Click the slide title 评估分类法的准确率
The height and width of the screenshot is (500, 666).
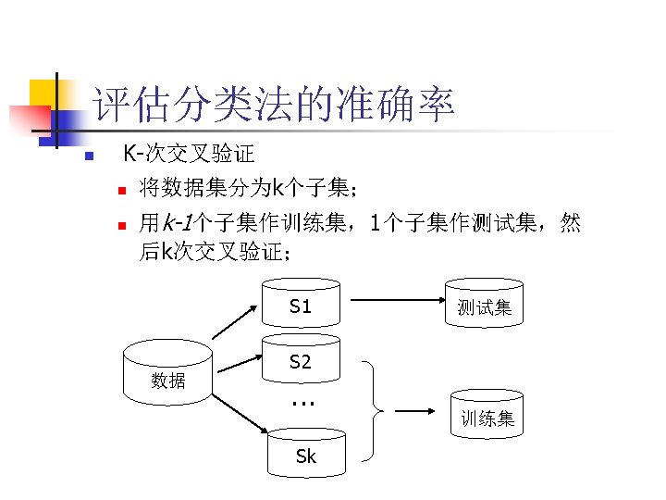[x=275, y=105]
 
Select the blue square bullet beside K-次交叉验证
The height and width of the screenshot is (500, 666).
[x=88, y=156]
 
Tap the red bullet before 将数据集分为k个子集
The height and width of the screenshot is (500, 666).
[x=119, y=191]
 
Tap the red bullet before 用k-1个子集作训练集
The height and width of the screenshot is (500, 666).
[x=119, y=224]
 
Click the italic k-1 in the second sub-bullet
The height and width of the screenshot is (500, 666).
[x=177, y=223]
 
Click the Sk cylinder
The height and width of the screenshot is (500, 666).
[x=305, y=454]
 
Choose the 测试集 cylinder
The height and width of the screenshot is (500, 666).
[x=485, y=306]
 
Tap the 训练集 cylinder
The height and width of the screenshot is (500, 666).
[x=487, y=418]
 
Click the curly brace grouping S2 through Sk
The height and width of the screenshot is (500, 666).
[x=376, y=409]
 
